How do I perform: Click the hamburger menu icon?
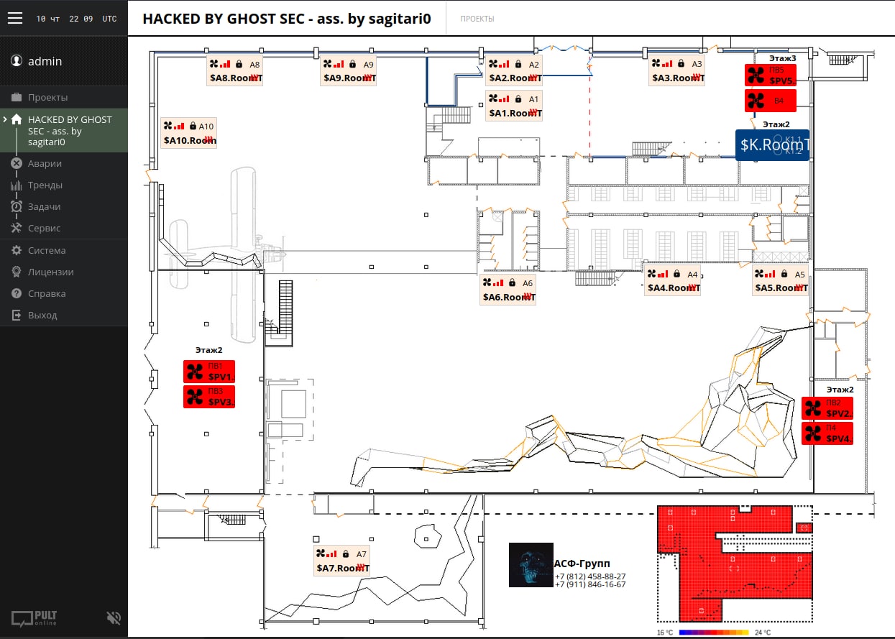(x=15, y=19)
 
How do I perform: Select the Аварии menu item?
(x=45, y=163)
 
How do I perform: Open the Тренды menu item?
(x=45, y=185)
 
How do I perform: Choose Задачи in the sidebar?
(x=44, y=206)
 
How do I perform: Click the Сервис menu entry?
(x=44, y=228)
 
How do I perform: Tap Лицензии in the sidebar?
(x=50, y=272)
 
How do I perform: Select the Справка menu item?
(x=47, y=293)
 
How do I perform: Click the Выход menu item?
(x=42, y=315)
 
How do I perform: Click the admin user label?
(x=45, y=61)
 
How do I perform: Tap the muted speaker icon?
(x=113, y=617)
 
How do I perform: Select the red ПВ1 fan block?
(x=209, y=372)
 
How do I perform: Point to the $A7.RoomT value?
(x=342, y=569)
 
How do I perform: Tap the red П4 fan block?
(x=827, y=433)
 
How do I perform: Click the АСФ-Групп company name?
(x=582, y=564)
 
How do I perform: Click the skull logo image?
(x=531, y=565)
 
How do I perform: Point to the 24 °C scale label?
(x=763, y=633)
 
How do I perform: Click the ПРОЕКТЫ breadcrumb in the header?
(x=477, y=19)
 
